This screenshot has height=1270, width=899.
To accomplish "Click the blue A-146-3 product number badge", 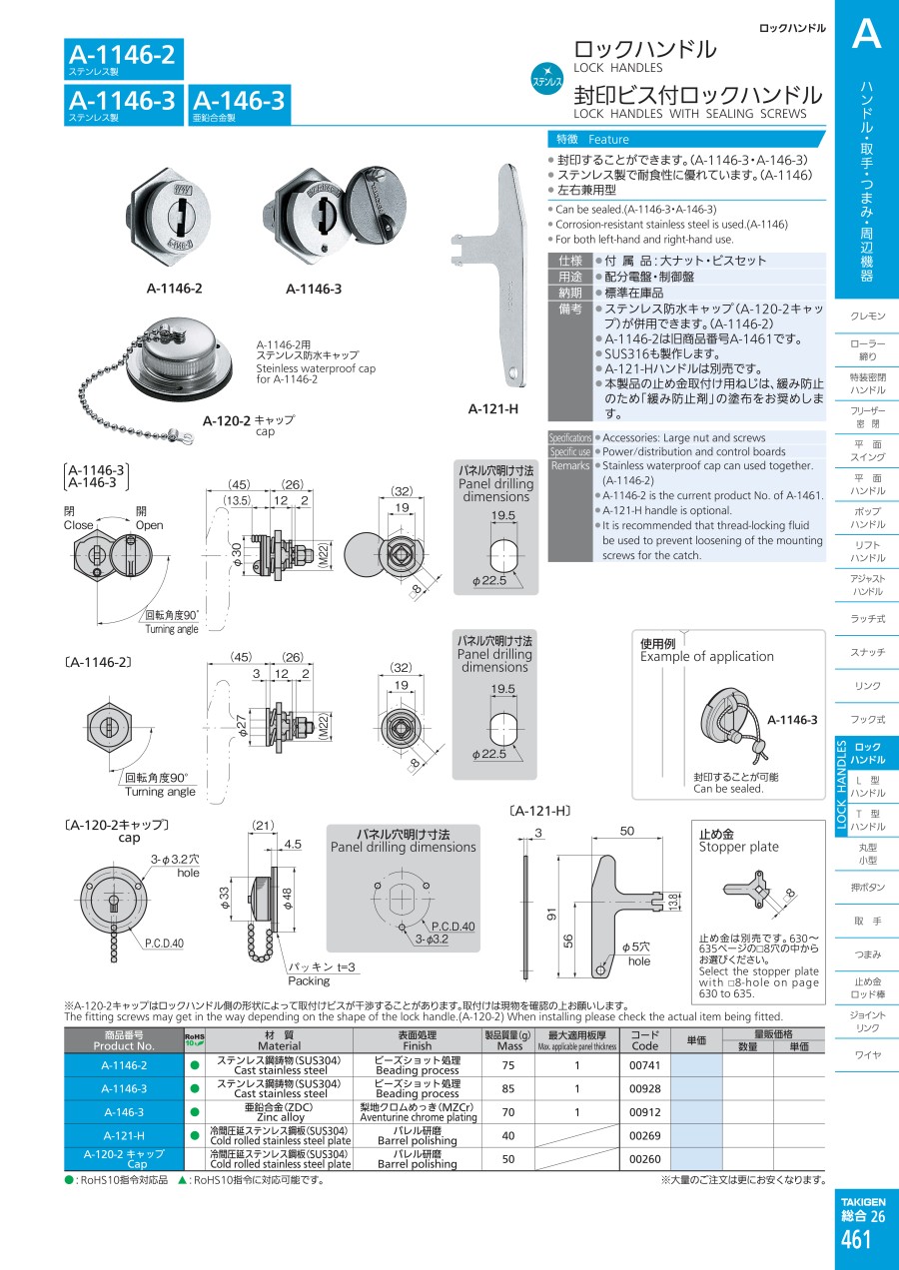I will pyautogui.click(x=238, y=104).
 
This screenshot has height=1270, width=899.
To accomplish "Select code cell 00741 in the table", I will pyautogui.click(x=645, y=1064).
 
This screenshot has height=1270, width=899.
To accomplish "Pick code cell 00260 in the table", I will pyautogui.click(x=645, y=1158).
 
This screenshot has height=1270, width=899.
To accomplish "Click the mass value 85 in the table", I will pyautogui.click(x=508, y=1088).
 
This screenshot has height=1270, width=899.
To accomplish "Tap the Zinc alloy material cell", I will pyautogui.click(x=279, y=1111).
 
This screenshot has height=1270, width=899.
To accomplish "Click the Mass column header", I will pyautogui.click(x=509, y=1040).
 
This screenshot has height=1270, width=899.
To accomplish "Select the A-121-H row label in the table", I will pyautogui.click(x=124, y=1135).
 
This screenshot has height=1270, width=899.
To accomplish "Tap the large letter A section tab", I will pyautogui.click(x=865, y=36).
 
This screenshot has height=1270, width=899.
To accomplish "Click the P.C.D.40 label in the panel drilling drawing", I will pyautogui.click(x=452, y=926).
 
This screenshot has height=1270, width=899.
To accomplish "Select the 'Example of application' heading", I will pyautogui.click(x=706, y=656).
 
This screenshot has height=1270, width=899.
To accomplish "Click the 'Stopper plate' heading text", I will pyautogui.click(x=737, y=847).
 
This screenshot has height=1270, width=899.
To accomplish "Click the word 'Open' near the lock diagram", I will pyautogui.click(x=149, y=525).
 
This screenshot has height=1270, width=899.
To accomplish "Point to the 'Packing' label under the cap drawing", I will pyautogui.click(x=308, y=981).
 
